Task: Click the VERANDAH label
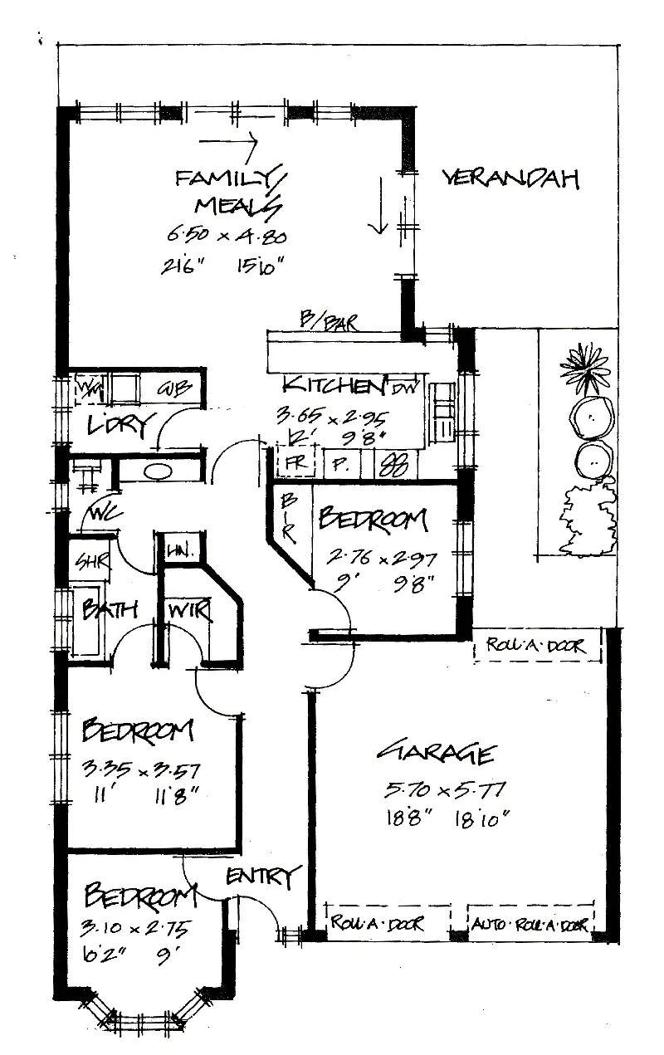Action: tap(510, 178)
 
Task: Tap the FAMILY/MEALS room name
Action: tap(228, 190)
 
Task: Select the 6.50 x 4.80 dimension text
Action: tap(227, 236)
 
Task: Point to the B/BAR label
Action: tap(330, 321)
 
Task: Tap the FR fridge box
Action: tap(294, 463)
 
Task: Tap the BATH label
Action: tap(109, 610)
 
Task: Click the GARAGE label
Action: tap(437, 753)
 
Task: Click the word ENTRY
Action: tap(260, 876)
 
